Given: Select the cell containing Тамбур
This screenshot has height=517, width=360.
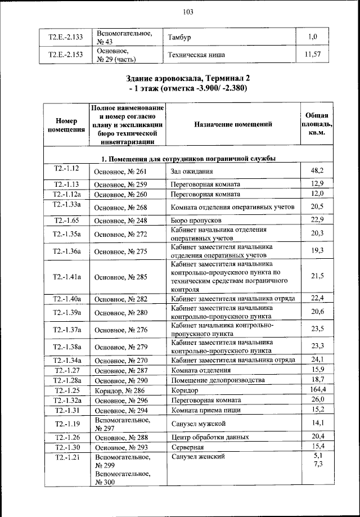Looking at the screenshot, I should pos(181,37).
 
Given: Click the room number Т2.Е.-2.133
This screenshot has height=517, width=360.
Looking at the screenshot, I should pos(65,37).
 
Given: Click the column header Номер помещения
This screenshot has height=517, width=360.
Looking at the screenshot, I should pos(66,124).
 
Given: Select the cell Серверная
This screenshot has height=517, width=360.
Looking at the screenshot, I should pos(189,447).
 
